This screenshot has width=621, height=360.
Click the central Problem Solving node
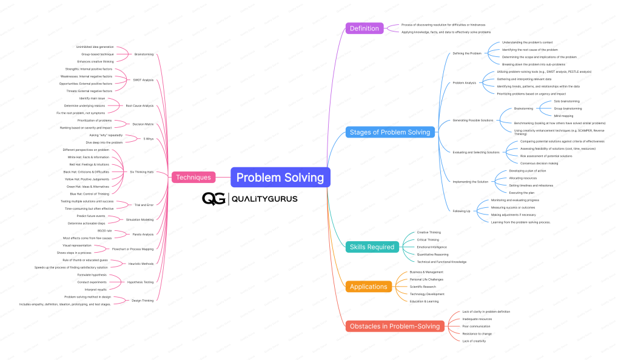click(x=280, y=178)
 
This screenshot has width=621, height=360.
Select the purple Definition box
click(x=364, y=28)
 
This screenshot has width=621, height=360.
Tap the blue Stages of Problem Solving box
click(x=389, y=132)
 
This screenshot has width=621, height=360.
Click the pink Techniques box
click(x=193, y=178)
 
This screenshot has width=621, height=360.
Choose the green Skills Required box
click(x=372, y=247)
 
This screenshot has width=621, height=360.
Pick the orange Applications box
click(x=368, y=287)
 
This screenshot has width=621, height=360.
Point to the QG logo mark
click(x=213, y=198)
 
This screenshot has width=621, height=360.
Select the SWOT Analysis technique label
click(x=144, y=80)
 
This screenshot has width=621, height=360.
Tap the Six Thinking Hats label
click(x=141, y=172)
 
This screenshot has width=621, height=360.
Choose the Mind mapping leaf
click(x=564, y=115)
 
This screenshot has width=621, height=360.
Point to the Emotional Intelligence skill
click(x=432, y=247)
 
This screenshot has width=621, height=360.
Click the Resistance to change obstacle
click(x=477, y=333)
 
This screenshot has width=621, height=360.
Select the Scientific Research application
click(x=423, y=287)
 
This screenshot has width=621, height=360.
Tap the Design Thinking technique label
click(x=142, y=300)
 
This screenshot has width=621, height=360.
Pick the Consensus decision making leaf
click(x=539, y=163)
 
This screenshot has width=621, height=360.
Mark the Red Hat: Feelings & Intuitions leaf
click(x=89, y=164)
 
